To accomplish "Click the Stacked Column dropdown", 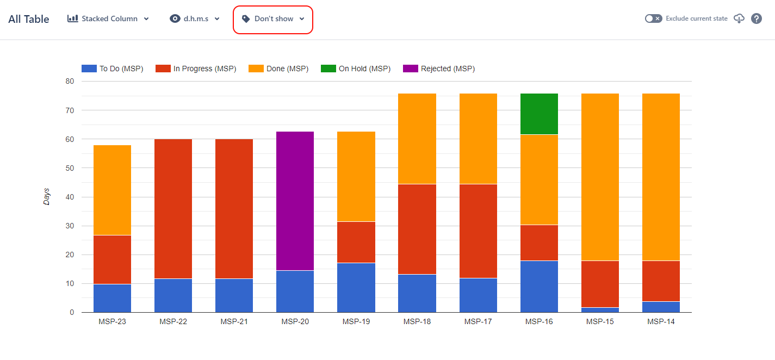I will pos(108,18).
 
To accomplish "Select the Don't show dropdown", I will pos(273,19).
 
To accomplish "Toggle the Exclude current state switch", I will pos(653,18).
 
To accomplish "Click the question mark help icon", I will pos(756,18).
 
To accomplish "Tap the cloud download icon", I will pos(739,18).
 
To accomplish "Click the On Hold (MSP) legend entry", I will pos(357,69).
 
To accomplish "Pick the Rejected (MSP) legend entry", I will pos(439,69).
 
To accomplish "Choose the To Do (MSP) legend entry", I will pos(113,69).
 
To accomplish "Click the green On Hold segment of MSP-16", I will pos(539,114).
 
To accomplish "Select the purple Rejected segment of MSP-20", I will pos(295,201).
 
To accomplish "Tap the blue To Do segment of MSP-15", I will pos(600,310).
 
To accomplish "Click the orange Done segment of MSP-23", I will pos(113,190).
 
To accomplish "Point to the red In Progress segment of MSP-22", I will pos(173,209).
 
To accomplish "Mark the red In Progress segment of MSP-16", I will pos(539,243).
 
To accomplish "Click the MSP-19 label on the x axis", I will pos(356,321).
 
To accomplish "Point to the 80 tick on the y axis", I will pos(70,82).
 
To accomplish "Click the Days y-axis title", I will pos(47,196).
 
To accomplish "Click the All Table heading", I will pos(29,19).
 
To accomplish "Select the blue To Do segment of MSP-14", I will pos(661,307).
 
